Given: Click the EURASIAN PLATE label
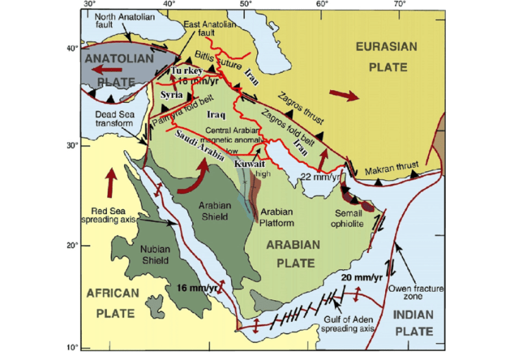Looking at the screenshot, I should [386, 56].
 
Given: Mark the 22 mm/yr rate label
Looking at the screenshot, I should [317, 176].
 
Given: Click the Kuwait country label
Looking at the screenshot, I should [249, 163].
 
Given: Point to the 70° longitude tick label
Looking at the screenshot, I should [399, 4].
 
